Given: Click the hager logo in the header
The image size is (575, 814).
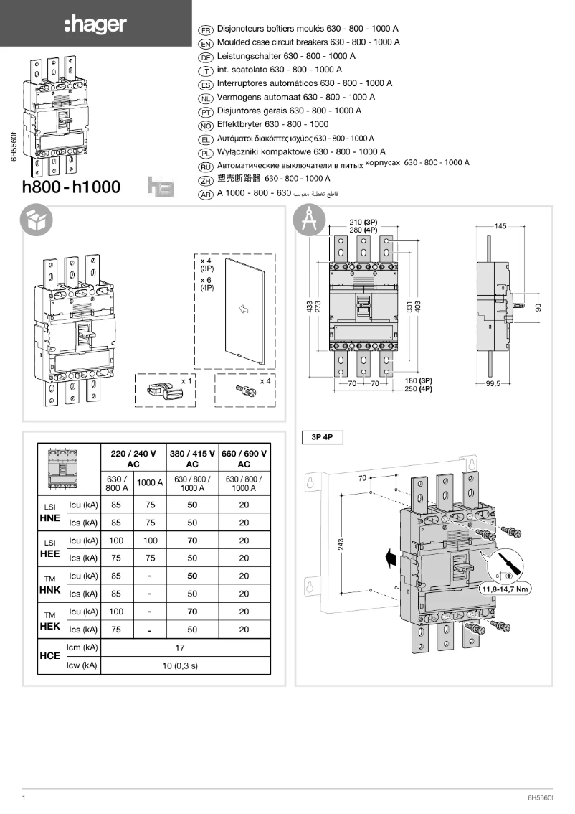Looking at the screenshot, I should [x=95, y=24].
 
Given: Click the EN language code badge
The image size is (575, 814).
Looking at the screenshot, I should [x=206, y=43].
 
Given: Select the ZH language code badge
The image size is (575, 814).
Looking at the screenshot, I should [x=206, y=179].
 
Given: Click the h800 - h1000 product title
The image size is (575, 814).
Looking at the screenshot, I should [x=72, y=188].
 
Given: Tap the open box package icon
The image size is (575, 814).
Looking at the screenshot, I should [x=36, y=222].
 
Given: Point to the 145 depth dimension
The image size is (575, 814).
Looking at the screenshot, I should [x=500, y=226].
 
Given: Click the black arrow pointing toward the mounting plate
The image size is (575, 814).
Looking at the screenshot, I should [x=389, y=558].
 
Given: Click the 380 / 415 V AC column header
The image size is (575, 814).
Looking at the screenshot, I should [x=191, y=459].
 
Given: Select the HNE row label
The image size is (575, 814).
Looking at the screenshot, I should [x=49, y=518].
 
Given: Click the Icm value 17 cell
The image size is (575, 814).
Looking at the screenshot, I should [x=180, y=648].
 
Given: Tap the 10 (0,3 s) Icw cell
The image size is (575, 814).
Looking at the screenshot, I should [x=180, y=666].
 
